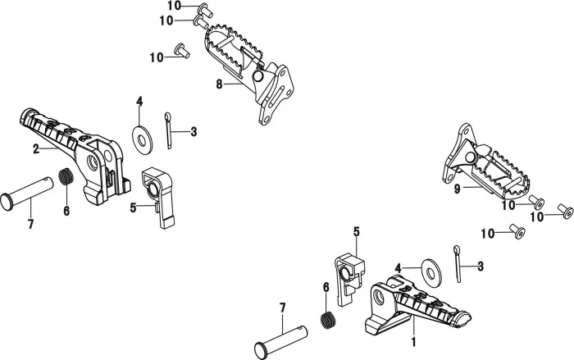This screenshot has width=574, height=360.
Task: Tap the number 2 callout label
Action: [x=36, y=148]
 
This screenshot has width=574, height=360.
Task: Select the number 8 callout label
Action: [x=219, y=84]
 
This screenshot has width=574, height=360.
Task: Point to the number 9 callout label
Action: [x=458, y=188]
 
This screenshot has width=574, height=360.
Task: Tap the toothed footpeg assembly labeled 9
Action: [x=484, y=168]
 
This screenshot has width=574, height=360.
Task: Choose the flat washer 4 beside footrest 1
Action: [x=428, y=269]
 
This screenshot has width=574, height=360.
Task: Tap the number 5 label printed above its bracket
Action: [x=357, y=232]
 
